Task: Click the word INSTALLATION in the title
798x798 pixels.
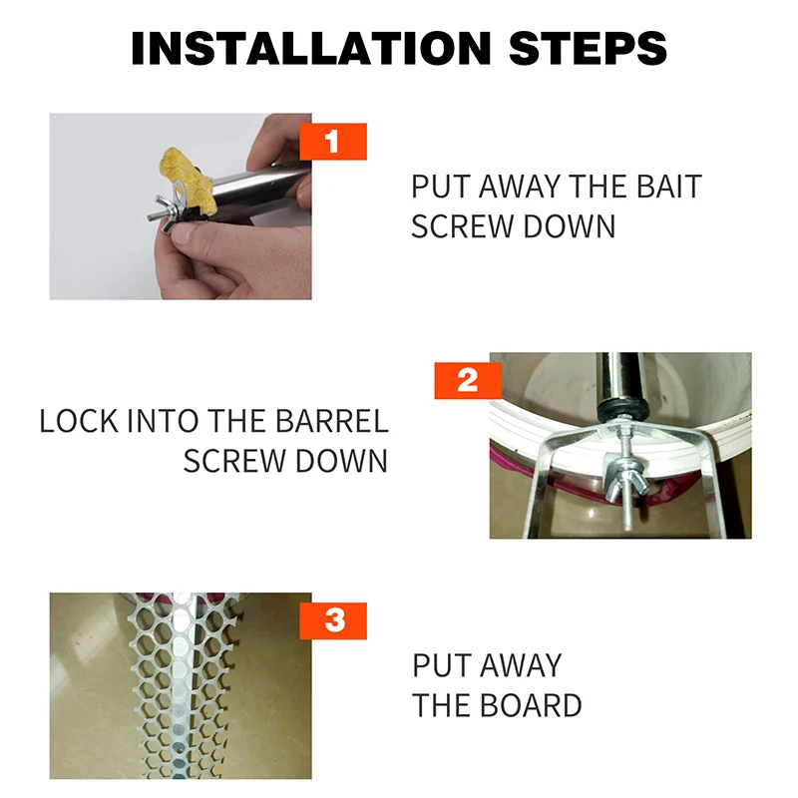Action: pos(310,48)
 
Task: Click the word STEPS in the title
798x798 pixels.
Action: pos(588,48)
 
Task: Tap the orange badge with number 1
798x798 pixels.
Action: pos(333,142)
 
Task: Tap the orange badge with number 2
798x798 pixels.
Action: pos(468,381)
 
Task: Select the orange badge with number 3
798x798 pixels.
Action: pos(333,620)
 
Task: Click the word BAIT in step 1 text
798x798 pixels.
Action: pos(669,187)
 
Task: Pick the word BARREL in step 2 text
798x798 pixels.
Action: pos(332,421)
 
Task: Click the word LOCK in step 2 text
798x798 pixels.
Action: pos(79,421)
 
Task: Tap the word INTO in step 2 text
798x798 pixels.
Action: pos(162,421)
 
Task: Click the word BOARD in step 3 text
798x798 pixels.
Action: pos(531,706)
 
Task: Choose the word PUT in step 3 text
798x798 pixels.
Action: pos(441,665)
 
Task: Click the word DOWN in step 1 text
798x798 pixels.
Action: pos(570,226)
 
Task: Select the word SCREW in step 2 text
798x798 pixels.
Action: pos(234,461)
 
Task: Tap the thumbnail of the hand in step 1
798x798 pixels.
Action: pos(181,206)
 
